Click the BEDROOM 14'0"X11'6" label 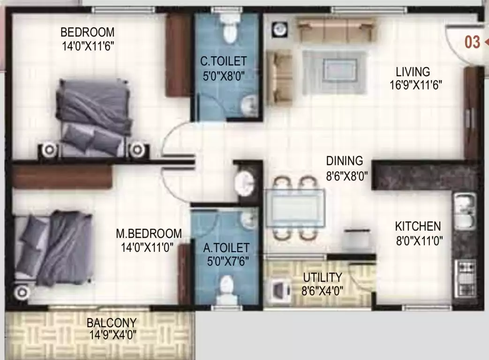click(88, 38)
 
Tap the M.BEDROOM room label click(149, 233)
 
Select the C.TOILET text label click(224, 61)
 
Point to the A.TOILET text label click(227, 247)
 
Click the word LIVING click(413, 72)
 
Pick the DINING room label click(345, 161)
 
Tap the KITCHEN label click(418, 226)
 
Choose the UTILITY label click(322, 277)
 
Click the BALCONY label click(112, 323)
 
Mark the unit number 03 click(472, 42)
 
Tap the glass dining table click(295, 208)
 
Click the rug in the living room click(334, 72)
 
